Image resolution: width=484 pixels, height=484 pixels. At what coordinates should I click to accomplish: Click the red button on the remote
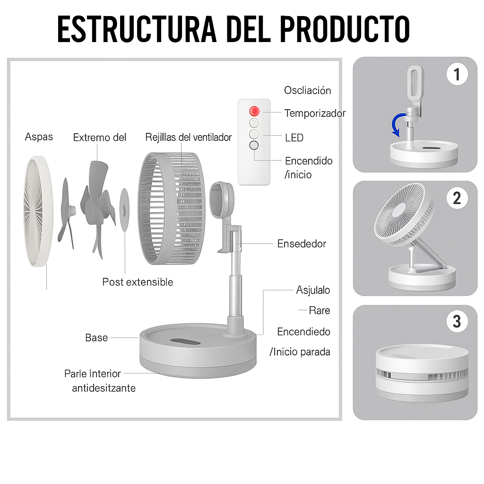tap(254, 111)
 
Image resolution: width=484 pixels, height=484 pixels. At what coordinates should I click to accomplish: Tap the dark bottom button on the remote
tap(254, 145)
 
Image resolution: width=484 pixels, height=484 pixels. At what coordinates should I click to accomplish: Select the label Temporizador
tap(315, 113)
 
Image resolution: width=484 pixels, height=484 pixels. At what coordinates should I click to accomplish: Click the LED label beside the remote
tap(294, 138)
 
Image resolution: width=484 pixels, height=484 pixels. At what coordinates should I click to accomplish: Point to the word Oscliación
tap(307, 90)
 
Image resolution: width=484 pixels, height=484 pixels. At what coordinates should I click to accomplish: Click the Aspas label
tap(39, 137)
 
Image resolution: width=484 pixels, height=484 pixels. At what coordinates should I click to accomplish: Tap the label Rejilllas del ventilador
tap(188, 137)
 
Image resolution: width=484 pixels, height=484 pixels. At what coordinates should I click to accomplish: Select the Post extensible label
tap(138, 282)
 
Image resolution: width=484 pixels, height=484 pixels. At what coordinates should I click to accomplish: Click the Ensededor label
tap(302, 243)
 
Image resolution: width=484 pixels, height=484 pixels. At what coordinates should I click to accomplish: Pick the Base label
tap(96, 337)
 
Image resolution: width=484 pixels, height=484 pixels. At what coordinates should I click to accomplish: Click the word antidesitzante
tap(104, 388)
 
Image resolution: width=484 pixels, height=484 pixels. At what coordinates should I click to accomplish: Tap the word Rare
tap(320, 310)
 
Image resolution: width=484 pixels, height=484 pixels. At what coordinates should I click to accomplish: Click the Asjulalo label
tap(313, 290)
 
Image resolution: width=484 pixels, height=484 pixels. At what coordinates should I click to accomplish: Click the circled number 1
tap(457, 74)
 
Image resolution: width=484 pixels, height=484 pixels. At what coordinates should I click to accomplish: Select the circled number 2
tap(457, 198)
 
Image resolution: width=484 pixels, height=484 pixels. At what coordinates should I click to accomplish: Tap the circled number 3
tap(457, 321)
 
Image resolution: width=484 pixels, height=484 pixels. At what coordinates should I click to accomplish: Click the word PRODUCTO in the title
tap(345, 29)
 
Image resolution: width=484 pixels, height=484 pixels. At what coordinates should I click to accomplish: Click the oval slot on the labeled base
tap(185, 341)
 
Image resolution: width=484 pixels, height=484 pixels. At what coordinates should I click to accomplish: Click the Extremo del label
tap(100, 138)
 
